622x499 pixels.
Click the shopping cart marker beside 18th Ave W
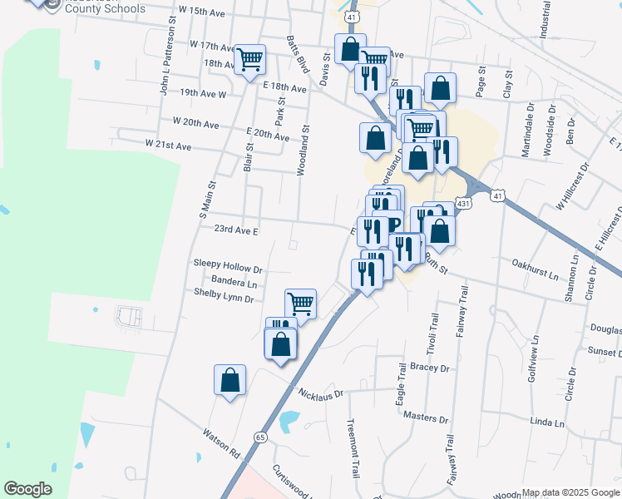pos(249,59)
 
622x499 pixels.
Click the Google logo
pos(27,489)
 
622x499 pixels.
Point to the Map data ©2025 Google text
pos(570,492)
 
